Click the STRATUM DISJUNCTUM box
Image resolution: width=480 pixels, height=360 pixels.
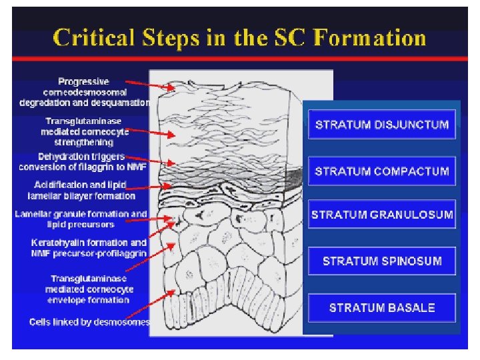381,125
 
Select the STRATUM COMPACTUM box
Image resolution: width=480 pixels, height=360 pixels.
381,171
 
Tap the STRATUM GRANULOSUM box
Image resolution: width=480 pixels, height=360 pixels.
382,215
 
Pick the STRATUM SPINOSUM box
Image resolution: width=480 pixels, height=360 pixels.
382,261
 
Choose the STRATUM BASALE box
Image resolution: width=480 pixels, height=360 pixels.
382,307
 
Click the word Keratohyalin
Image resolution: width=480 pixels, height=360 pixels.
55,243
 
